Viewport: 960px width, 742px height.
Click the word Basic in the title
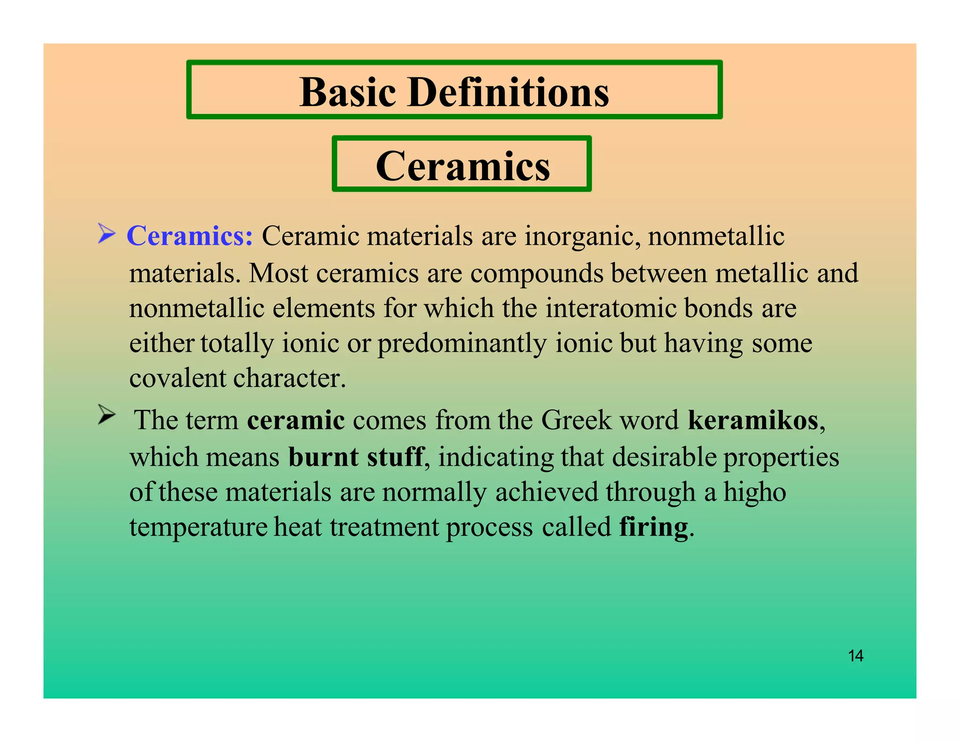[347, 92]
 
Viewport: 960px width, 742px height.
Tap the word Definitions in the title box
[509, 92]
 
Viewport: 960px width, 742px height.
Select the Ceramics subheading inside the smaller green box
[463, 166]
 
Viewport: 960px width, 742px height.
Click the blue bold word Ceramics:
[190, 235]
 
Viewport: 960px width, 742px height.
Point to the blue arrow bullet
[106, 234]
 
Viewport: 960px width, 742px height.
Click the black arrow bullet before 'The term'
[106, 415]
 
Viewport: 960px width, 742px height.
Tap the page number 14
[855, 656]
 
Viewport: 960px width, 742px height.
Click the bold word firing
[653, 527]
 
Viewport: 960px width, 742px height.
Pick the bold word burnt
[323, 457]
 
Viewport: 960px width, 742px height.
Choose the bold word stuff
[395, 457]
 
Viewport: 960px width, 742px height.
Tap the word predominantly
[462, 343]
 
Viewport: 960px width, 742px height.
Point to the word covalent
[178, 378]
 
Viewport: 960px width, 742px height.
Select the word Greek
[576, 420]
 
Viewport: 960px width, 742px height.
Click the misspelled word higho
[754, 492]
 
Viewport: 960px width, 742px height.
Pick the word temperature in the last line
[198, 527]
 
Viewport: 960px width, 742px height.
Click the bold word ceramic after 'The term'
[296, 420]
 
